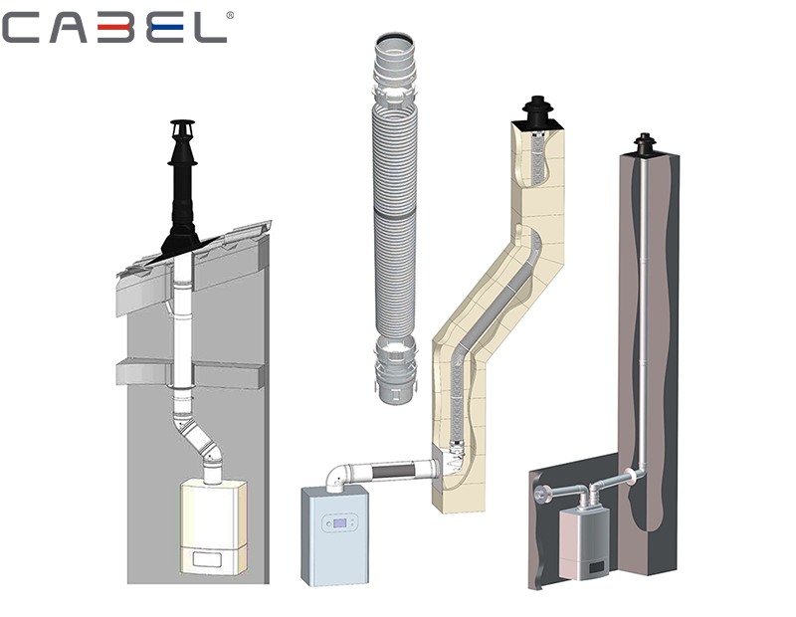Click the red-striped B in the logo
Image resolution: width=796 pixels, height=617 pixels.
125,28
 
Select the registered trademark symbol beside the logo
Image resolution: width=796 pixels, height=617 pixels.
231,16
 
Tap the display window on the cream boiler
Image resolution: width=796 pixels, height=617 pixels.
207,560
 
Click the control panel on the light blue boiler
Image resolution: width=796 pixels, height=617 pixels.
339,523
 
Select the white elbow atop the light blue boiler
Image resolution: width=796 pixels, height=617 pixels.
337,477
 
